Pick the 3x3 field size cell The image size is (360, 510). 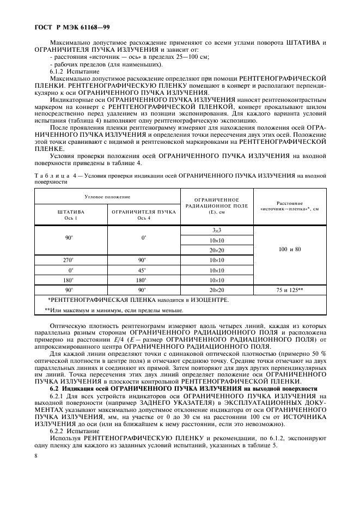pos(217,230)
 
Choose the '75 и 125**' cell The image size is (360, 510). pos(289,290)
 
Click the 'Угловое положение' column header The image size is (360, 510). pos(107,195)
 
